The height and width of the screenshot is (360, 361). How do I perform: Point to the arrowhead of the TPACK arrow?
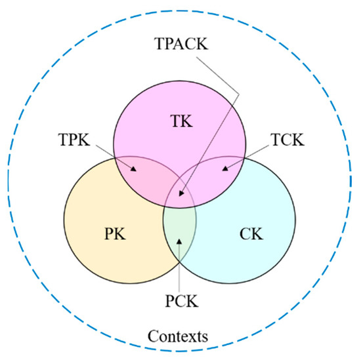[x=180, y=196]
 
